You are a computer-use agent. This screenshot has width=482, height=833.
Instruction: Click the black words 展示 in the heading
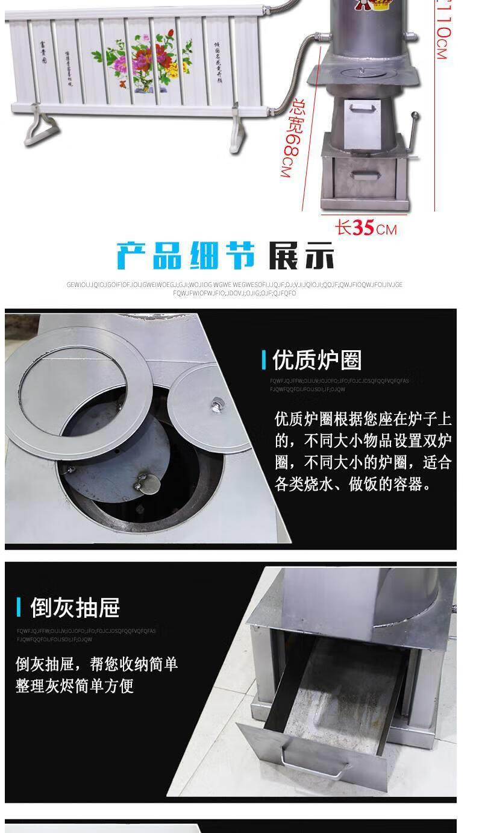tap(301, 256)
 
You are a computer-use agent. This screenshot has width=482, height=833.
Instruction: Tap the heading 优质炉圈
tap(317, 360)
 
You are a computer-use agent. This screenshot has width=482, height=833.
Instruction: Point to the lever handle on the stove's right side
tap(413, 133)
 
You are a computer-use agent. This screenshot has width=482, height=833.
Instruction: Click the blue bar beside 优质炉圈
tap(264, 360)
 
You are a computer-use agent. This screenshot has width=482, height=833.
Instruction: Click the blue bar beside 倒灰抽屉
tap(19, 608)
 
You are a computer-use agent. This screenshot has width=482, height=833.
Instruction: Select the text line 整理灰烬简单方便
tap(75, 686)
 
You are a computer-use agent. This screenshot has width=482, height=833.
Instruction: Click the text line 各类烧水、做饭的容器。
tap(353, 484)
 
